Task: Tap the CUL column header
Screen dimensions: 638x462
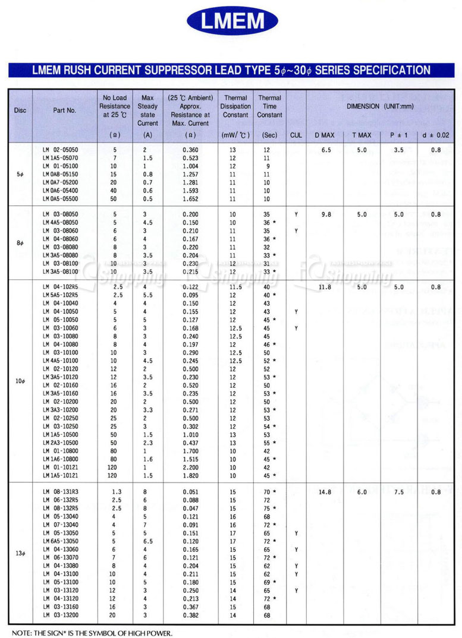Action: click(296, 135)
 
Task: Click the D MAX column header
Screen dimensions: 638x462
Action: click(325, 135)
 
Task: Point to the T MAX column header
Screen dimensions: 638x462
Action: click(362, 135)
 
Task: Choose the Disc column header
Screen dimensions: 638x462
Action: click(20, 110)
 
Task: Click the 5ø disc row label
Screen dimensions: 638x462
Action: click(20, 175)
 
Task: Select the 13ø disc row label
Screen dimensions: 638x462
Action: click(20, 554)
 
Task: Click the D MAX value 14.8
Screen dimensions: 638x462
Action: click(325, 492)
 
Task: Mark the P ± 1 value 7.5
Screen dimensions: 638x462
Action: click(398, 492)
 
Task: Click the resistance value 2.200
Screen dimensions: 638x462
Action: click(190, 468)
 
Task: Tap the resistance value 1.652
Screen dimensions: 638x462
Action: click(190, 199)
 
